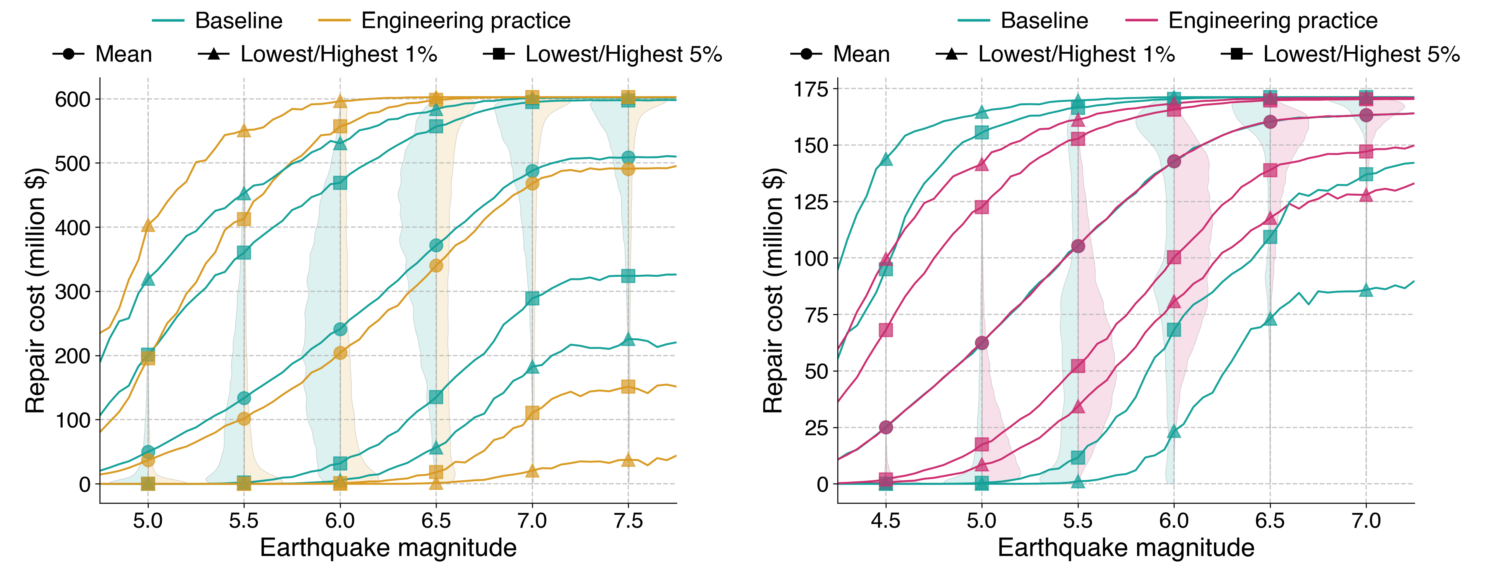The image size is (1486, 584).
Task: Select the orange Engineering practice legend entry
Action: (x=444, y=21)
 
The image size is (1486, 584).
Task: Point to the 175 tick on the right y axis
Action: (x=810, y=89)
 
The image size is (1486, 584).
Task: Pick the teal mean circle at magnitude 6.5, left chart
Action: (x=436, y=246)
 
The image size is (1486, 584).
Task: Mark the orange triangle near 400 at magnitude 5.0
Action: (x=148, y=225)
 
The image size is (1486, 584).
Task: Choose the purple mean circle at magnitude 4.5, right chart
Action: (x=885, y=427)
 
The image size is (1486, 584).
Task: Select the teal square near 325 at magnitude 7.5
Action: (x=628, y=276)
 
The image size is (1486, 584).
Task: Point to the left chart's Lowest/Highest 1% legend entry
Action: (x=317, y=54)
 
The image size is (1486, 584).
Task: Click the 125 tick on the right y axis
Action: (x=810, y=202)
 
